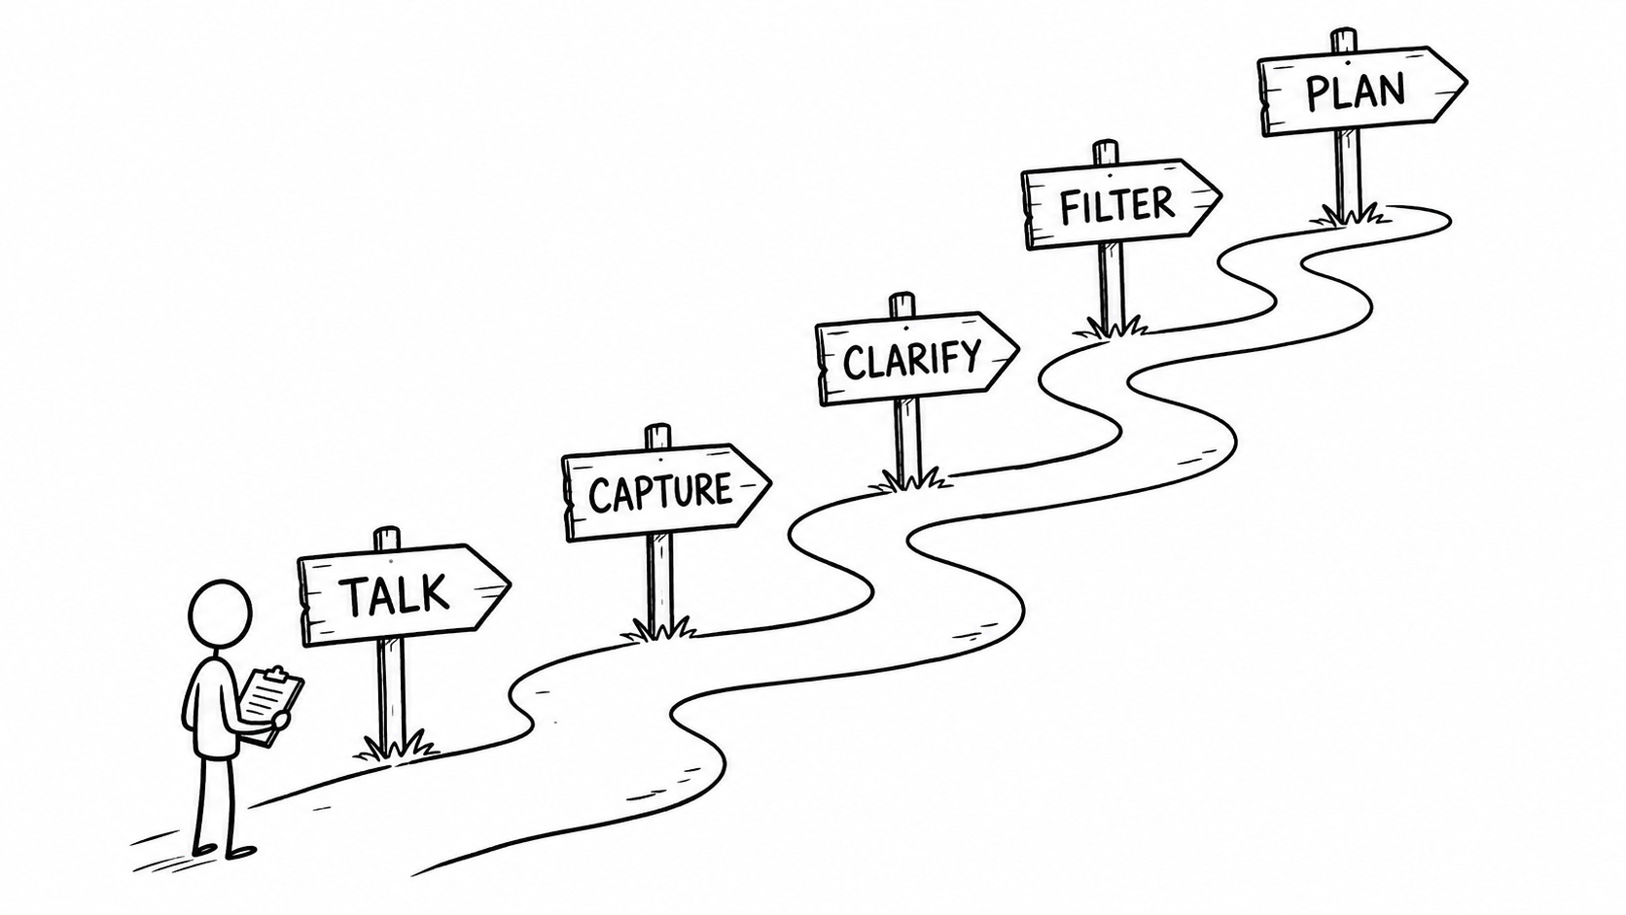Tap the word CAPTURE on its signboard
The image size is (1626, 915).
[x=660, y=492]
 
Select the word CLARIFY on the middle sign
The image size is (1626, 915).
[x=911, y=359]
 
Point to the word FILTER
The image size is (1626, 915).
[x=1116, y=205]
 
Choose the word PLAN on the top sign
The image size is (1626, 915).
[x=1356, y=91]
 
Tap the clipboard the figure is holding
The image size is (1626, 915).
[x=270, y=704]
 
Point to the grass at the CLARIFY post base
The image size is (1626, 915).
[x=911, y=480]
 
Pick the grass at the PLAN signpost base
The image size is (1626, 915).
[x=1352, y=214]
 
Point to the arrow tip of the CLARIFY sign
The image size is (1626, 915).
[x=1017, y=350]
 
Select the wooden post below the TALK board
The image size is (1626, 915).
[x=392, y=692]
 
